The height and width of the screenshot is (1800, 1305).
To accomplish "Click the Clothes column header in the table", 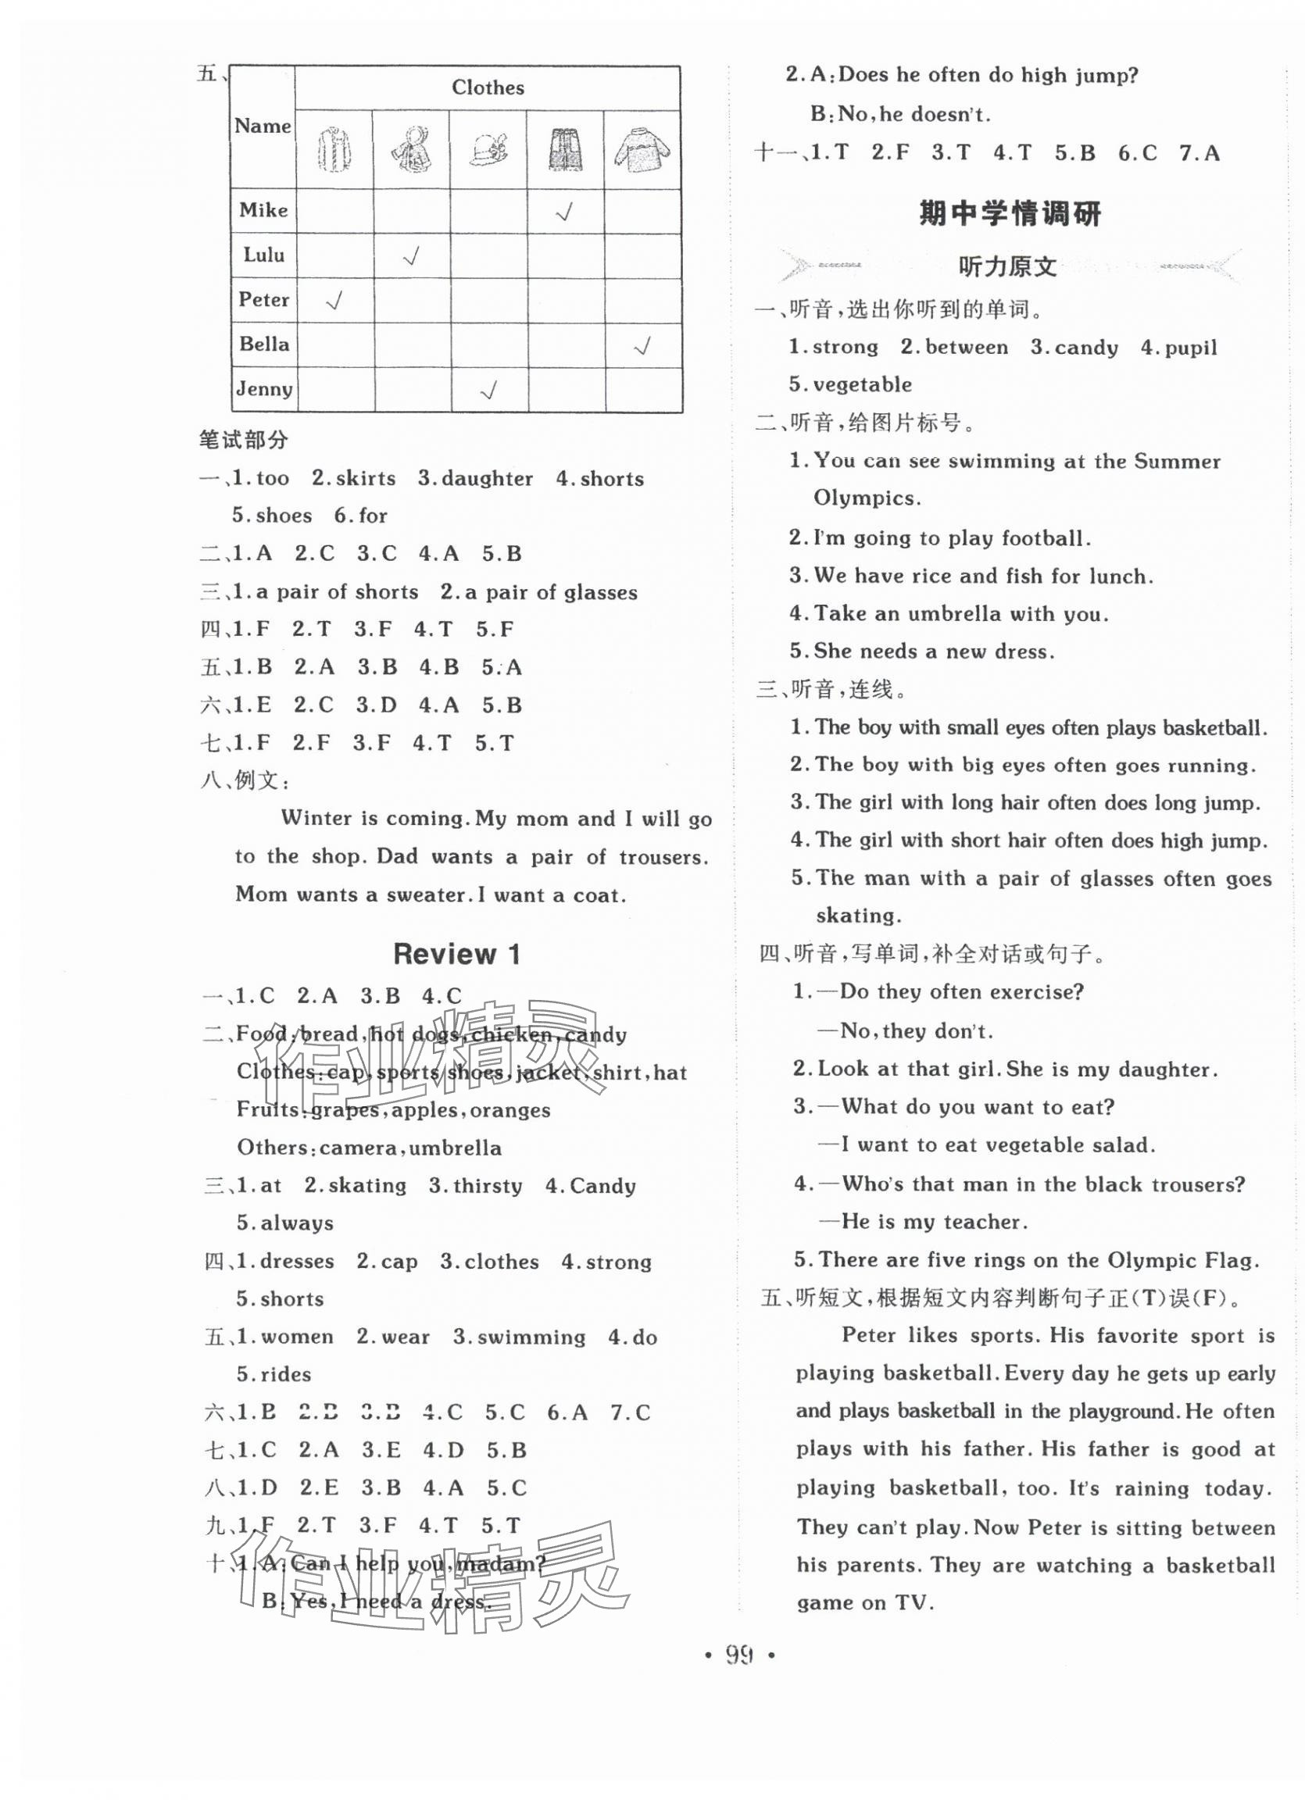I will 488,87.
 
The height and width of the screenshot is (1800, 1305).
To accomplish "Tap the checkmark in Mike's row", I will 564,211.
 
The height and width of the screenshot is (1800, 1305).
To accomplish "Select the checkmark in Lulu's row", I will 411,255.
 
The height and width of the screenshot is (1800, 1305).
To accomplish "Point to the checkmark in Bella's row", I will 642,345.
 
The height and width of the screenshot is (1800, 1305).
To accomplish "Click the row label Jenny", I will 263,389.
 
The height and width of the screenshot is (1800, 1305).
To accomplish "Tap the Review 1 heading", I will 456,954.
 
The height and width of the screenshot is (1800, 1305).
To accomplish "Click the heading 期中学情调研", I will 1010,214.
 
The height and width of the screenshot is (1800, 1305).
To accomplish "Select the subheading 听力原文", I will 1008,267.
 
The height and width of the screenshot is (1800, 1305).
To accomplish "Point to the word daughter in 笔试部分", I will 487,479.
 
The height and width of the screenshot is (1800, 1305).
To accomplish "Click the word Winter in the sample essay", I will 316,818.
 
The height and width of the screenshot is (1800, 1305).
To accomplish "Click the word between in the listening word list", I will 966,347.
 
